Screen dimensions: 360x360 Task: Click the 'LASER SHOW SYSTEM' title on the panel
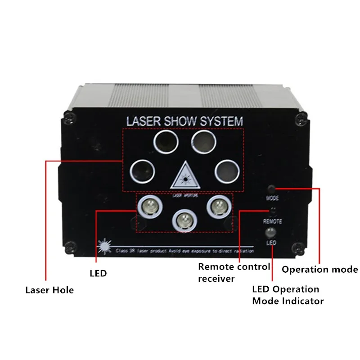click(x=185, y=121)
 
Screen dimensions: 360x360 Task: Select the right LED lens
click(x=219, y=207)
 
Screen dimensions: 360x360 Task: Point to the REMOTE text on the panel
click(x=273, y=221)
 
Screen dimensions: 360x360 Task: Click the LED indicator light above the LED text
click(x=270, y=232)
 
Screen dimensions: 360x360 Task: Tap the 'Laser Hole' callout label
click(x=49, y=290)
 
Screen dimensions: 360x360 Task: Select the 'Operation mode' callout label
click(x=320, y=270)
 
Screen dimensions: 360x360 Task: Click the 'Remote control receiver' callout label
click(x=234, y=273)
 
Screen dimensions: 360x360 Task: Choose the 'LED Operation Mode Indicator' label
click(x=288, y=295)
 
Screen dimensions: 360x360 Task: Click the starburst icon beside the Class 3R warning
click(x=104, y=246)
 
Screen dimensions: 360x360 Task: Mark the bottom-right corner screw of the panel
click(x=297, y=246)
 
